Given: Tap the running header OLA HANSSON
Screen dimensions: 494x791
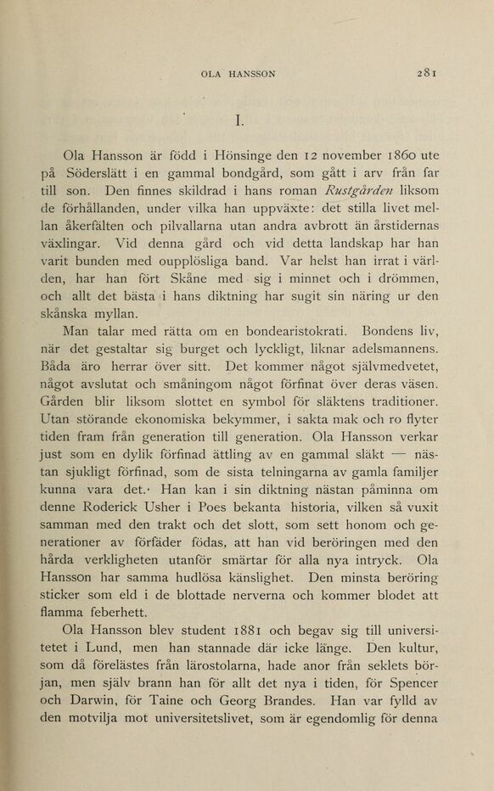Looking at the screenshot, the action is (238, 74).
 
